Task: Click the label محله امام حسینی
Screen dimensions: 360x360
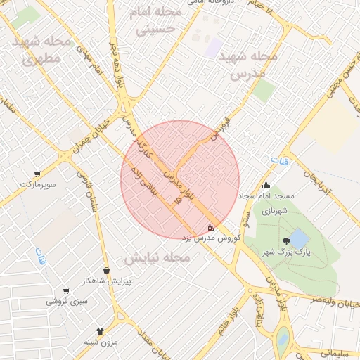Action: point(155,20)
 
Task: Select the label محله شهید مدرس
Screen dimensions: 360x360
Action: point(247,64)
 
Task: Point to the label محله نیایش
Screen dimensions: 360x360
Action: point(157,258)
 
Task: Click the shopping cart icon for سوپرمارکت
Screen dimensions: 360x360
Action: point(37,173)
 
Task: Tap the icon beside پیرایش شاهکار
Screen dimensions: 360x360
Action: point(106,270)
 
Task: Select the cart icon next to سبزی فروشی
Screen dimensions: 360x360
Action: point(65,290)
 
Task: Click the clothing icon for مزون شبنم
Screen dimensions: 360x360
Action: point(99,330)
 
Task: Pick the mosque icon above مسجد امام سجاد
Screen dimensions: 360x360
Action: point(265,186)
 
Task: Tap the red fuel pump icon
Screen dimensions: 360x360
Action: point(210,227)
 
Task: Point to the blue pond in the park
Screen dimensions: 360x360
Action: point(298,237)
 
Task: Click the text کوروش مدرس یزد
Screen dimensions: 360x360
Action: point(212,238)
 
